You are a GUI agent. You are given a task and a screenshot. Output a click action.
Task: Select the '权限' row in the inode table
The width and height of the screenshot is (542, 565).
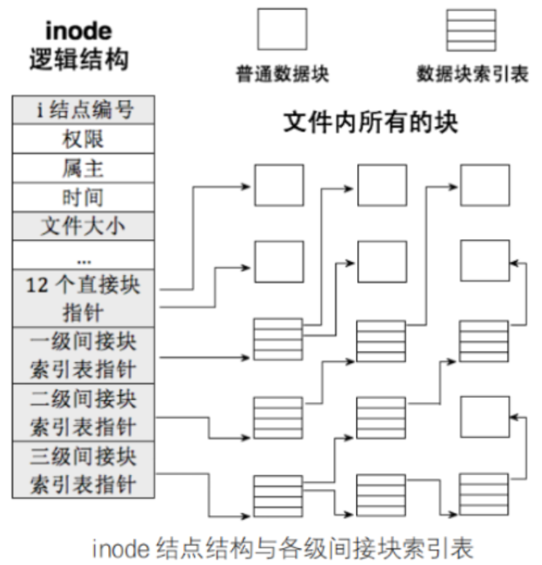click(84, 138)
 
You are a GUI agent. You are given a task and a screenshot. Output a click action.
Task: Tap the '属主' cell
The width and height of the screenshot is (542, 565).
click(84, 168)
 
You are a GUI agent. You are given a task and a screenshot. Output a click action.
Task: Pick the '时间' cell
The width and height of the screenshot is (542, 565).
click(84, 197)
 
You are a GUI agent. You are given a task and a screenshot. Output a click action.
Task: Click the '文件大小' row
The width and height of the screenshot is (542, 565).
click(84, 225)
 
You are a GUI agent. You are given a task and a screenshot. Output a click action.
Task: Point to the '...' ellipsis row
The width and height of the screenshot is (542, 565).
click(84, 255)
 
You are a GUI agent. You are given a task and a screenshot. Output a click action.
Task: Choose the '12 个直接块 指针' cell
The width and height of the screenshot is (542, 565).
click(84, 298)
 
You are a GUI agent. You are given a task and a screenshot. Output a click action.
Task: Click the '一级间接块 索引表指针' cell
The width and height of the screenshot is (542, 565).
click(84, 355)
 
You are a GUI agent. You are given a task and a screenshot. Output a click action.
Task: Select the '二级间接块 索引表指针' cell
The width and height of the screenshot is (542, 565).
click(84, 412)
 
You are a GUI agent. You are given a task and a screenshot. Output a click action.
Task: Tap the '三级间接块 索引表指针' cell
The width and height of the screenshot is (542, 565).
click(84, 468)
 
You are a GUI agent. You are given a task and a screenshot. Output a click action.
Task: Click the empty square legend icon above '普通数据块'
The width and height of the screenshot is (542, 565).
click(282, 30)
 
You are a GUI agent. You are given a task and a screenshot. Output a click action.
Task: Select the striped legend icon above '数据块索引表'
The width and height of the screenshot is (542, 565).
click(470, 30)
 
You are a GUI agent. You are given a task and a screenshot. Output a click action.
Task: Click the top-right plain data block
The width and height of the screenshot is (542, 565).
click(484, 184)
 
